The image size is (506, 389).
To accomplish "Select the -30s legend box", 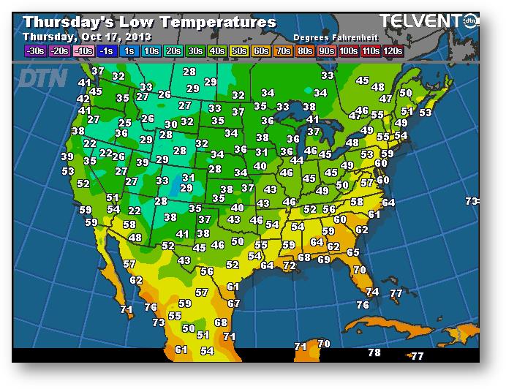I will (x=34, y=51).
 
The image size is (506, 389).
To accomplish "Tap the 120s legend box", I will (x=393, y=51).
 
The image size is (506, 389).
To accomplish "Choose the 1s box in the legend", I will (x=129, y=51).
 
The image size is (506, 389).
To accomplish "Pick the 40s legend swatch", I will (x=217, y=51).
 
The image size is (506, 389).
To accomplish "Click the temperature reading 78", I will (x=374, y=352).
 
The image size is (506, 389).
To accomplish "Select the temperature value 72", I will (x=290, y=266).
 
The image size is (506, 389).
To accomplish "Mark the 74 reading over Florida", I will (x=372, y=292).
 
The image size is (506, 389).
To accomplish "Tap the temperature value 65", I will (x=353, y=252).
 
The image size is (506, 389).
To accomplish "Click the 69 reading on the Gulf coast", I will (x=323, y=260).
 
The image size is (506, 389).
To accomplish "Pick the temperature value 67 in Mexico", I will (x=234, y=303).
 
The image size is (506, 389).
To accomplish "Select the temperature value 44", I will (x=297, y=160).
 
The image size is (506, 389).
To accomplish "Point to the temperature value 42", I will (x=83, y=99).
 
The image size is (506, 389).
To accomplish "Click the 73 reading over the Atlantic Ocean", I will (x=472, y=200).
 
